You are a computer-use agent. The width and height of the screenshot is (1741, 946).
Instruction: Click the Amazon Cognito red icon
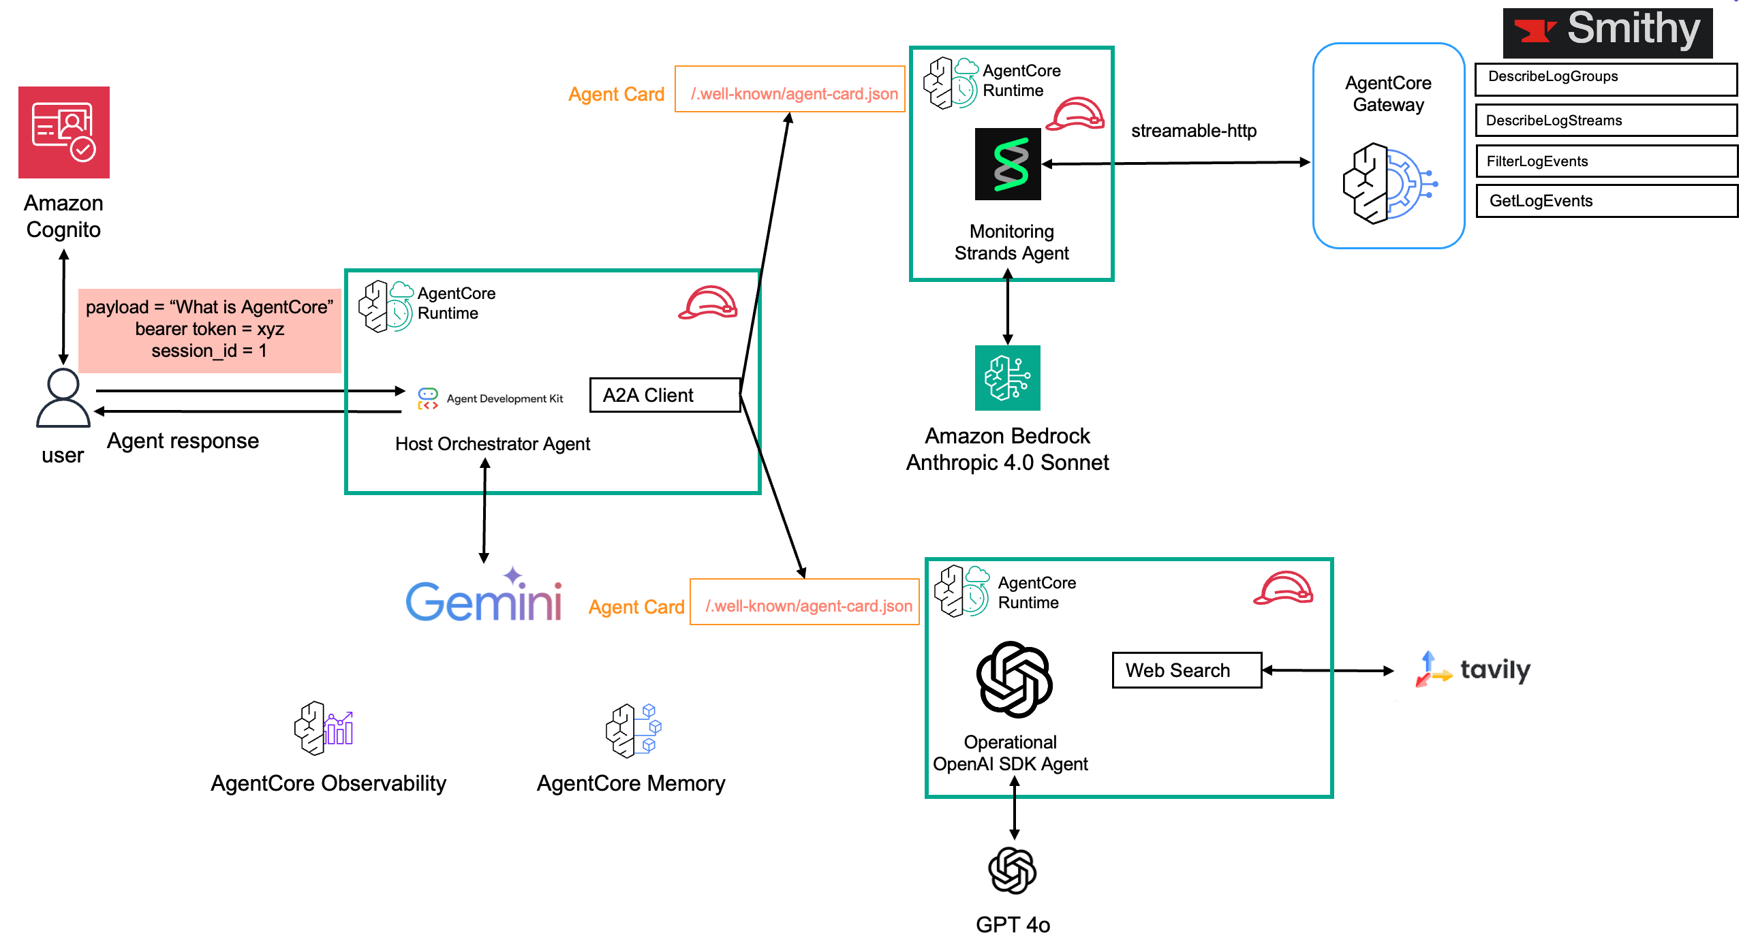64,132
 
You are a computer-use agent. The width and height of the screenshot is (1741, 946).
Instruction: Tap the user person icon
63,398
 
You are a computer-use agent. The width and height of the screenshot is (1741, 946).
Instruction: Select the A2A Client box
664,395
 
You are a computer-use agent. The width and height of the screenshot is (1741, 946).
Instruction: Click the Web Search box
1186,670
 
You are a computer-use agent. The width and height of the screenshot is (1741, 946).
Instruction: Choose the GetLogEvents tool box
1606,201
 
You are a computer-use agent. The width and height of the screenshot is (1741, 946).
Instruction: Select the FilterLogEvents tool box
1606,161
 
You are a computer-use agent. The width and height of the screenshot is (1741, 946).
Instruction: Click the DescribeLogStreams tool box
1605,121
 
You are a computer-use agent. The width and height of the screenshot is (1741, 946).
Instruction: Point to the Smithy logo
1607,32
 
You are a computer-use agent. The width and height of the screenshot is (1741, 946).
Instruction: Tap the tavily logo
1473,669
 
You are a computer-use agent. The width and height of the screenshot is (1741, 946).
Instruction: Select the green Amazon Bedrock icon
1007,378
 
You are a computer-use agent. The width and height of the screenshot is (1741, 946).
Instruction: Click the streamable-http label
1193,131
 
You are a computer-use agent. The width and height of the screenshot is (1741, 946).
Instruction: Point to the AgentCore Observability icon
324,728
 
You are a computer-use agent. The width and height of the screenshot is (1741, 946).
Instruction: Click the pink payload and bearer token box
209,330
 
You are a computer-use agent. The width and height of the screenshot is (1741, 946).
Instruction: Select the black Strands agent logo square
1008,164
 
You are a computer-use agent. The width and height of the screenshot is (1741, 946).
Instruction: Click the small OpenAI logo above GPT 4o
1013,870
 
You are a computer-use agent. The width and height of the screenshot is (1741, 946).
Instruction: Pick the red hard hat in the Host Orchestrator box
708,302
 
